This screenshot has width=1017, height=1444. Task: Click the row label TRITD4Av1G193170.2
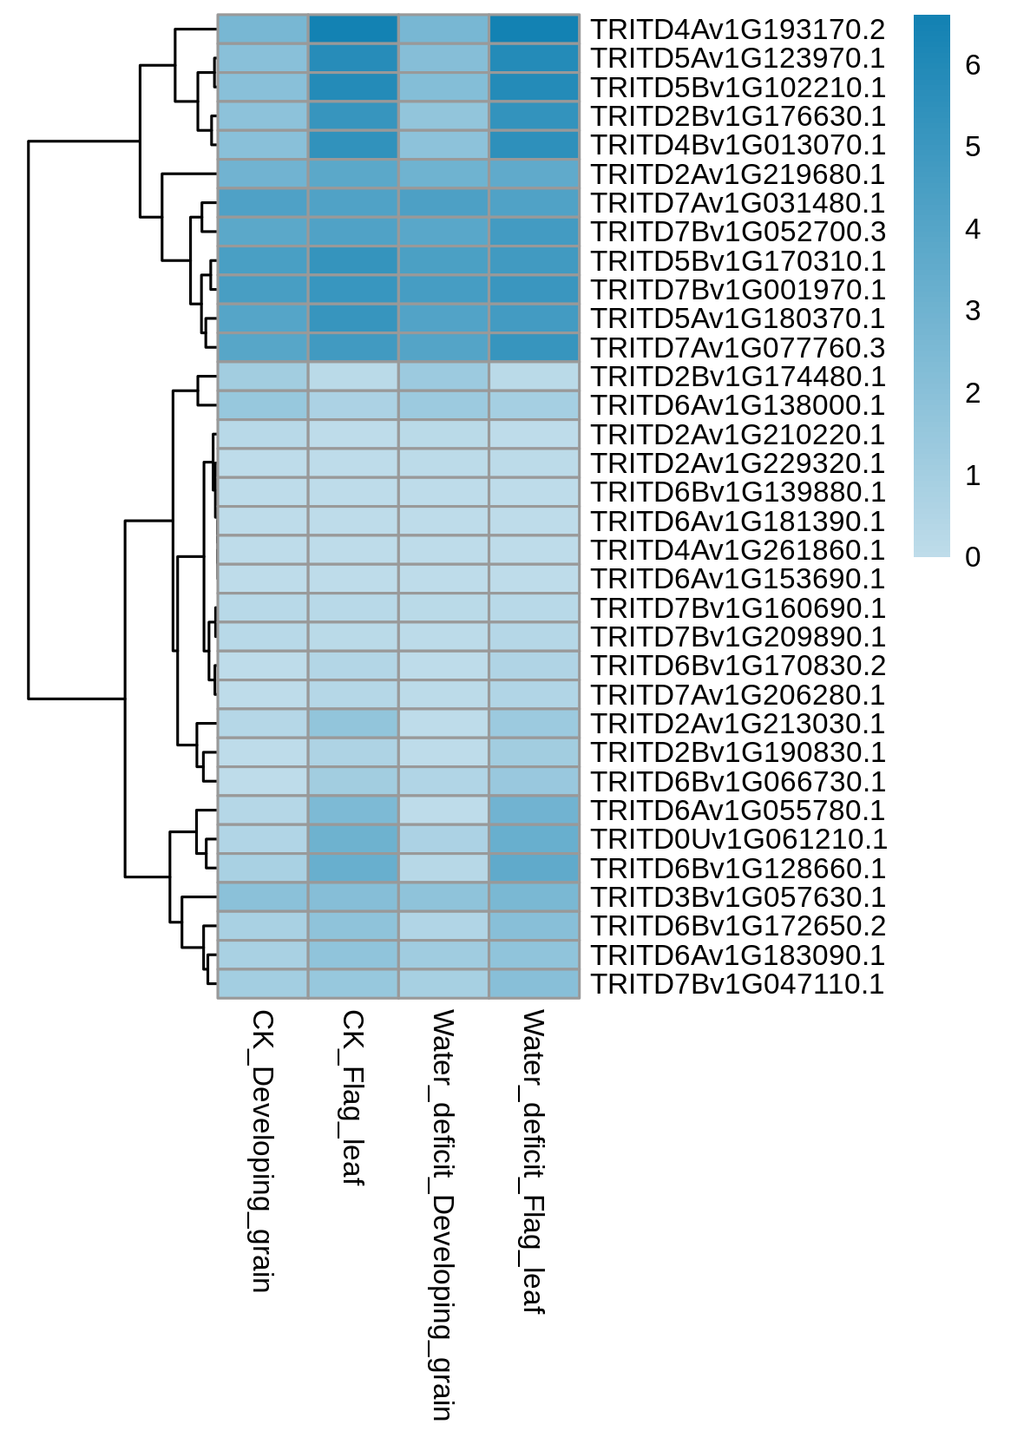click(x=738, y=30)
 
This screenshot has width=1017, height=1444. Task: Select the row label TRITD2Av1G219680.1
click(x=738, y=174)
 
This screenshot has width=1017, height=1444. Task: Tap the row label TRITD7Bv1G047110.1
click(x=738, y=984)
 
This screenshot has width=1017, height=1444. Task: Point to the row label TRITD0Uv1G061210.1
click(x=739, y=839)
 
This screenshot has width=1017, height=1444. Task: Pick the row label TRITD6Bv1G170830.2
click(x=738, y=666)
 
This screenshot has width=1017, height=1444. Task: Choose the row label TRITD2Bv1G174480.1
click(x=738, y=377)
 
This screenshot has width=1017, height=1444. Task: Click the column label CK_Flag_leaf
click(x=352, y=1098)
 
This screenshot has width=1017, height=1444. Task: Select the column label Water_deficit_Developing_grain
click(x=443, y=1215)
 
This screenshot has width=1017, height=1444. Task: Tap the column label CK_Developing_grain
click(x=262, y=1152)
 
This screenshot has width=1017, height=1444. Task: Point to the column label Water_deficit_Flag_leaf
click(x=533, y=1162)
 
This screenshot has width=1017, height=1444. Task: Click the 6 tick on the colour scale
click(x=973, y=65)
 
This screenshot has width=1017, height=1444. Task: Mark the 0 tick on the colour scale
click(x=973, y=557)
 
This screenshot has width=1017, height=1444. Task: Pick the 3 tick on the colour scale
click(x=973, y=311)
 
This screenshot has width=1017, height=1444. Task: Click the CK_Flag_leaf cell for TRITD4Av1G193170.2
click(x=353, y=29)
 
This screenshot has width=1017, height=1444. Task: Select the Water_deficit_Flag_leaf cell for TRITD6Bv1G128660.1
click(x=535, y=869)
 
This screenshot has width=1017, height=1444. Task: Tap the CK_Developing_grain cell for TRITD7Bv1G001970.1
click(x=263, y=290)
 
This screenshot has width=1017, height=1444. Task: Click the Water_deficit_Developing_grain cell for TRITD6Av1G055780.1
click(x=444, y=811)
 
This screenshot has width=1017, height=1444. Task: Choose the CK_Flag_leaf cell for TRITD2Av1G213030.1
click(x=353, y=723)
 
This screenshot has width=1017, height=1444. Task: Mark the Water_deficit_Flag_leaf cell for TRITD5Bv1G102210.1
click(x=535, y=87)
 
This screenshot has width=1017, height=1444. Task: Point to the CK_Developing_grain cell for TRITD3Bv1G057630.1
click(x=263, y=897)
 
